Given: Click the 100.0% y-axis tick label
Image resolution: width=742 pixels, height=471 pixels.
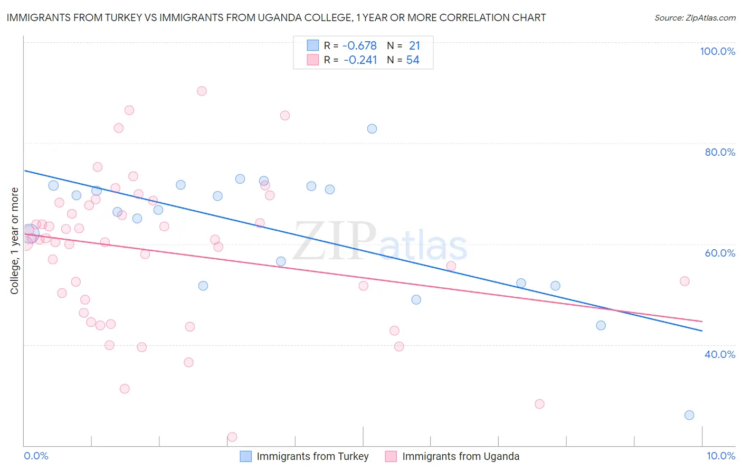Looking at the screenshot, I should (x=717, y=51).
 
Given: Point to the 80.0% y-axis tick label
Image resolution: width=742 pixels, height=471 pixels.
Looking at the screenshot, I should (x=720, y=152).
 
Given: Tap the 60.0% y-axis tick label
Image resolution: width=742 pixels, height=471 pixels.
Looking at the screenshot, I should (x=720, y=253).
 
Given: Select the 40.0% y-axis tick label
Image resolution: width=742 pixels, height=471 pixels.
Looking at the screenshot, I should (x=720, y=354).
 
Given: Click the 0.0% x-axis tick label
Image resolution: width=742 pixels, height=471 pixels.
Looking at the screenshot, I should (x=36, y=456).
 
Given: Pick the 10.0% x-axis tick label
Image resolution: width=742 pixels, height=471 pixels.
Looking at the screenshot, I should (x=720, y=456).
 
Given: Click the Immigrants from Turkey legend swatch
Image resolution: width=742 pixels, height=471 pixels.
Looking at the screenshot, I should (x=246, y=456).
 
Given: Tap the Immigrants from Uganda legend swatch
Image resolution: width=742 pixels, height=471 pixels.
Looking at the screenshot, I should (x=391, y=456).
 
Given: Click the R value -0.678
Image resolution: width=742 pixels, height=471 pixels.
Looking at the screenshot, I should (x=360, y=46).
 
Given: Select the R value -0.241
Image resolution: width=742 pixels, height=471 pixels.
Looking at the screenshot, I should (x=360, y=60).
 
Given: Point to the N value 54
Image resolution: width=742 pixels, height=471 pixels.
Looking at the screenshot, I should (x=413, y=60).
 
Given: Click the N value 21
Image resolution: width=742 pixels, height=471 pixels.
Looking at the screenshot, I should (x=414, y=46).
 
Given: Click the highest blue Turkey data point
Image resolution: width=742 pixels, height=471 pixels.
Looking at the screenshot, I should (x=372, y=129).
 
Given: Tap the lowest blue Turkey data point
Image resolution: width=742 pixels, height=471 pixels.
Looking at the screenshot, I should (x=689, y=415).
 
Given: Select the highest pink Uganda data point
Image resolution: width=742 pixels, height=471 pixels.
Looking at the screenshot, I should (x=202, y=91).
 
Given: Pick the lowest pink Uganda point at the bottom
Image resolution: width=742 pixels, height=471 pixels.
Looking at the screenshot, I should (x=232, y=437).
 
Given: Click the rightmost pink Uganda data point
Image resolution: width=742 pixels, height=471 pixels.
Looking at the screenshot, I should (x=684, y=281).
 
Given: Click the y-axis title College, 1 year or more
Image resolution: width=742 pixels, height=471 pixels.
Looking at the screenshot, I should (x=15, y=241).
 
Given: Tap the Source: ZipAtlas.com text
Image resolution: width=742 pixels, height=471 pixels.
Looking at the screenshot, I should (x=695, y=18).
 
